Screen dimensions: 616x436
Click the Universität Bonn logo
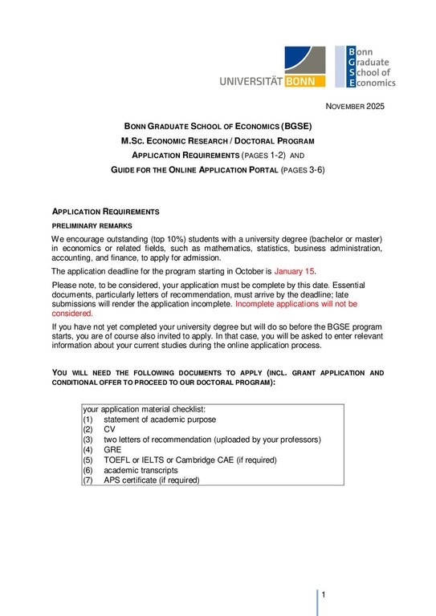[272, 67]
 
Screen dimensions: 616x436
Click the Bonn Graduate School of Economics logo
[365, 66]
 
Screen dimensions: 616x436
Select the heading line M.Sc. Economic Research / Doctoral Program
[217, 140]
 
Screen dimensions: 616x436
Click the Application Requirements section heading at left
[106, 212]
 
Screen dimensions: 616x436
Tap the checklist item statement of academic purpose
[160, 419]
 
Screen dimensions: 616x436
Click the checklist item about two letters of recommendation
[211, 440]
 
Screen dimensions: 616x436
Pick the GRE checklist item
[113, 450]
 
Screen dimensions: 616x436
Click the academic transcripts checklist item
[141, 470]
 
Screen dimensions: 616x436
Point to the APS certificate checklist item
[151, 480]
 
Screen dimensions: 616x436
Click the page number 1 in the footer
[324, 595]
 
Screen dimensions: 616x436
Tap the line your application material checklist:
[145, 409]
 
